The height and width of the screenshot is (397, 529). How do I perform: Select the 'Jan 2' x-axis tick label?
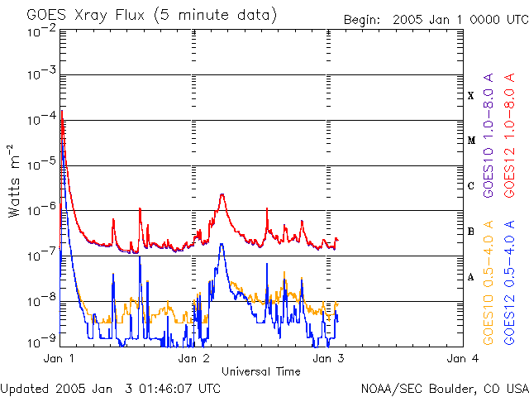(x=194, y=359)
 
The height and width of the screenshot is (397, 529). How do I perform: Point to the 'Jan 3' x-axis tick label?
(x=329, y=359)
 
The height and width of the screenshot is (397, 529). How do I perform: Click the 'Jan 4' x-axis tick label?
(x=463, y=359)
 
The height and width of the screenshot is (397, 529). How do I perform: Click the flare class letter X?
(x=470, y=96)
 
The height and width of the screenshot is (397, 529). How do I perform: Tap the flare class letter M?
(x=470, y=141)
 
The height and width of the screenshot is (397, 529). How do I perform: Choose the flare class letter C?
(x=470, y=186)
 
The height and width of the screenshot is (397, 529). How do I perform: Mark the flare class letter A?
(x=470, y=277)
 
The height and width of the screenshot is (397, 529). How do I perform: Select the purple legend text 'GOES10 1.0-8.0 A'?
(x=488, y=148)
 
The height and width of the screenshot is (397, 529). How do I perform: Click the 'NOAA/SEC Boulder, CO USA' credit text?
(x=444, y=388)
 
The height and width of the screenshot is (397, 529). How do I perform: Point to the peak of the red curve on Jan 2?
(x=222, y=194)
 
